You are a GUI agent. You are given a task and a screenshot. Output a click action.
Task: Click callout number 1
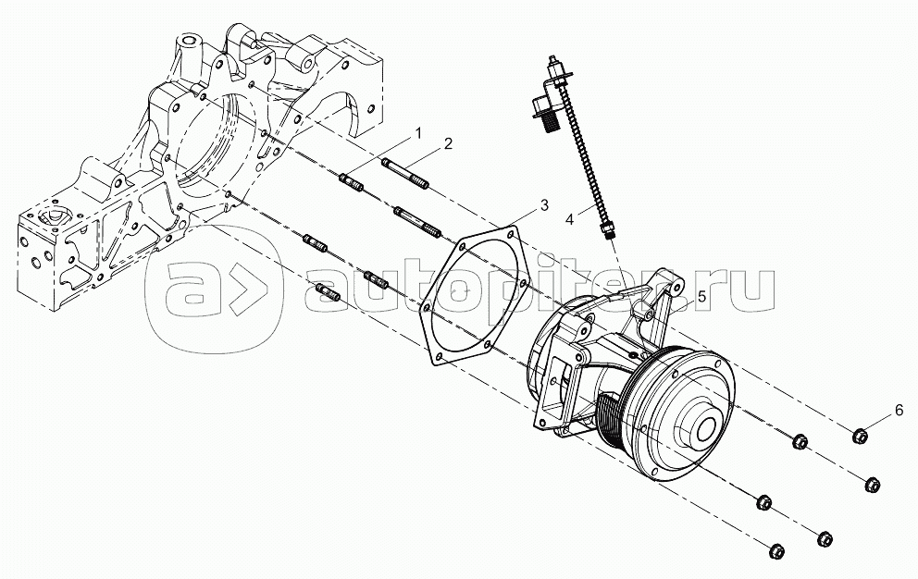pyautogui.click(x=418, y=133)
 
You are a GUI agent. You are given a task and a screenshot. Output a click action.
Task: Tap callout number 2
pyautogui.click(x=448, y=143)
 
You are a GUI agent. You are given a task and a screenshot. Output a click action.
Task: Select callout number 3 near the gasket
pyautogui.click(x=544, y=205)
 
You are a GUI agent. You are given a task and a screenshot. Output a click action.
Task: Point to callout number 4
pyautogui.click(x=570, y=219)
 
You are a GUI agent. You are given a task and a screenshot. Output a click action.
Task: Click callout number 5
pyautogui.click(x=702, y=297)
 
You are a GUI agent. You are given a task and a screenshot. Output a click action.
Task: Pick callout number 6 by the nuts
pyautogui.click(x=899, y=411)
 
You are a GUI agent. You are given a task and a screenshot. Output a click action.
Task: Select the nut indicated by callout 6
pyautogui.click(x=860, y=436)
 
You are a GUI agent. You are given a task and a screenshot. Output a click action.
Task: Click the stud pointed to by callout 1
pyautogui.click(x=352, y=182)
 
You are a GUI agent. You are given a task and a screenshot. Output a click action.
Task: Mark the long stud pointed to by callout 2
pyautogui.click(x=405, y=174)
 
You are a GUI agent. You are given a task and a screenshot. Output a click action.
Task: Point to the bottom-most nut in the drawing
pyautogui.click(x=776, y=551)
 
